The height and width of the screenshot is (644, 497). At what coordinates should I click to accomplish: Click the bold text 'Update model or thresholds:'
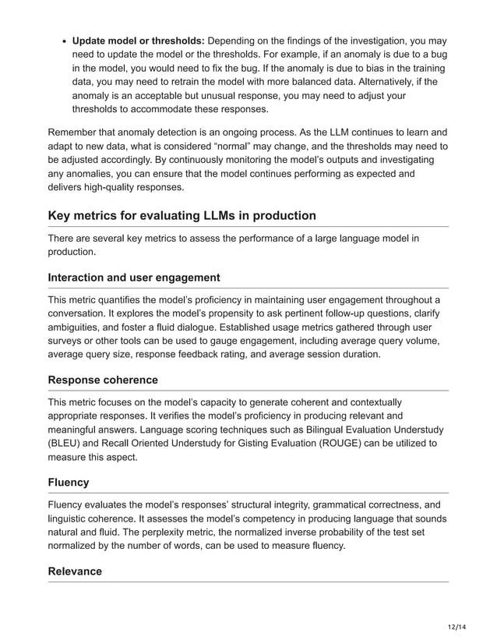pyautogui.click(x=138, y=40)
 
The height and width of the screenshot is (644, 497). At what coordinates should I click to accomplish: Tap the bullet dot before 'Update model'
pyautogui.click(x=62, y=41)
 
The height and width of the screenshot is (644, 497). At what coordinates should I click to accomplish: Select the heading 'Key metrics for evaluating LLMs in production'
pyautogui.click(x=182, y=215)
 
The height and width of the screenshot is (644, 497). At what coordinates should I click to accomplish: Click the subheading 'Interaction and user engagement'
pyautogui.click(x=134, y=278)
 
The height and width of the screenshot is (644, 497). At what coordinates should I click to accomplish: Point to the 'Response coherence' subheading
pyautogui.click(x=103, y=380)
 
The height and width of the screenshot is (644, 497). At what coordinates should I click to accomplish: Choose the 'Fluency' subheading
pyautogui.click(x=69, y=483)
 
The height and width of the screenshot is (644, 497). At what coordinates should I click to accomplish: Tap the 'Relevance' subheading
pyautogui.click(x=75, y=571)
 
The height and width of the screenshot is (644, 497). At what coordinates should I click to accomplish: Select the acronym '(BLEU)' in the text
pyautogui.click(x=67, y=444)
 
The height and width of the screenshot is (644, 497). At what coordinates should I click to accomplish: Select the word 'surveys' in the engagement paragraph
pyautogui.click(x=67, y=341)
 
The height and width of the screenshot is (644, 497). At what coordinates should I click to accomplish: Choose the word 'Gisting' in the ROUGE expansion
pyautogui.click(x=251, y=444)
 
